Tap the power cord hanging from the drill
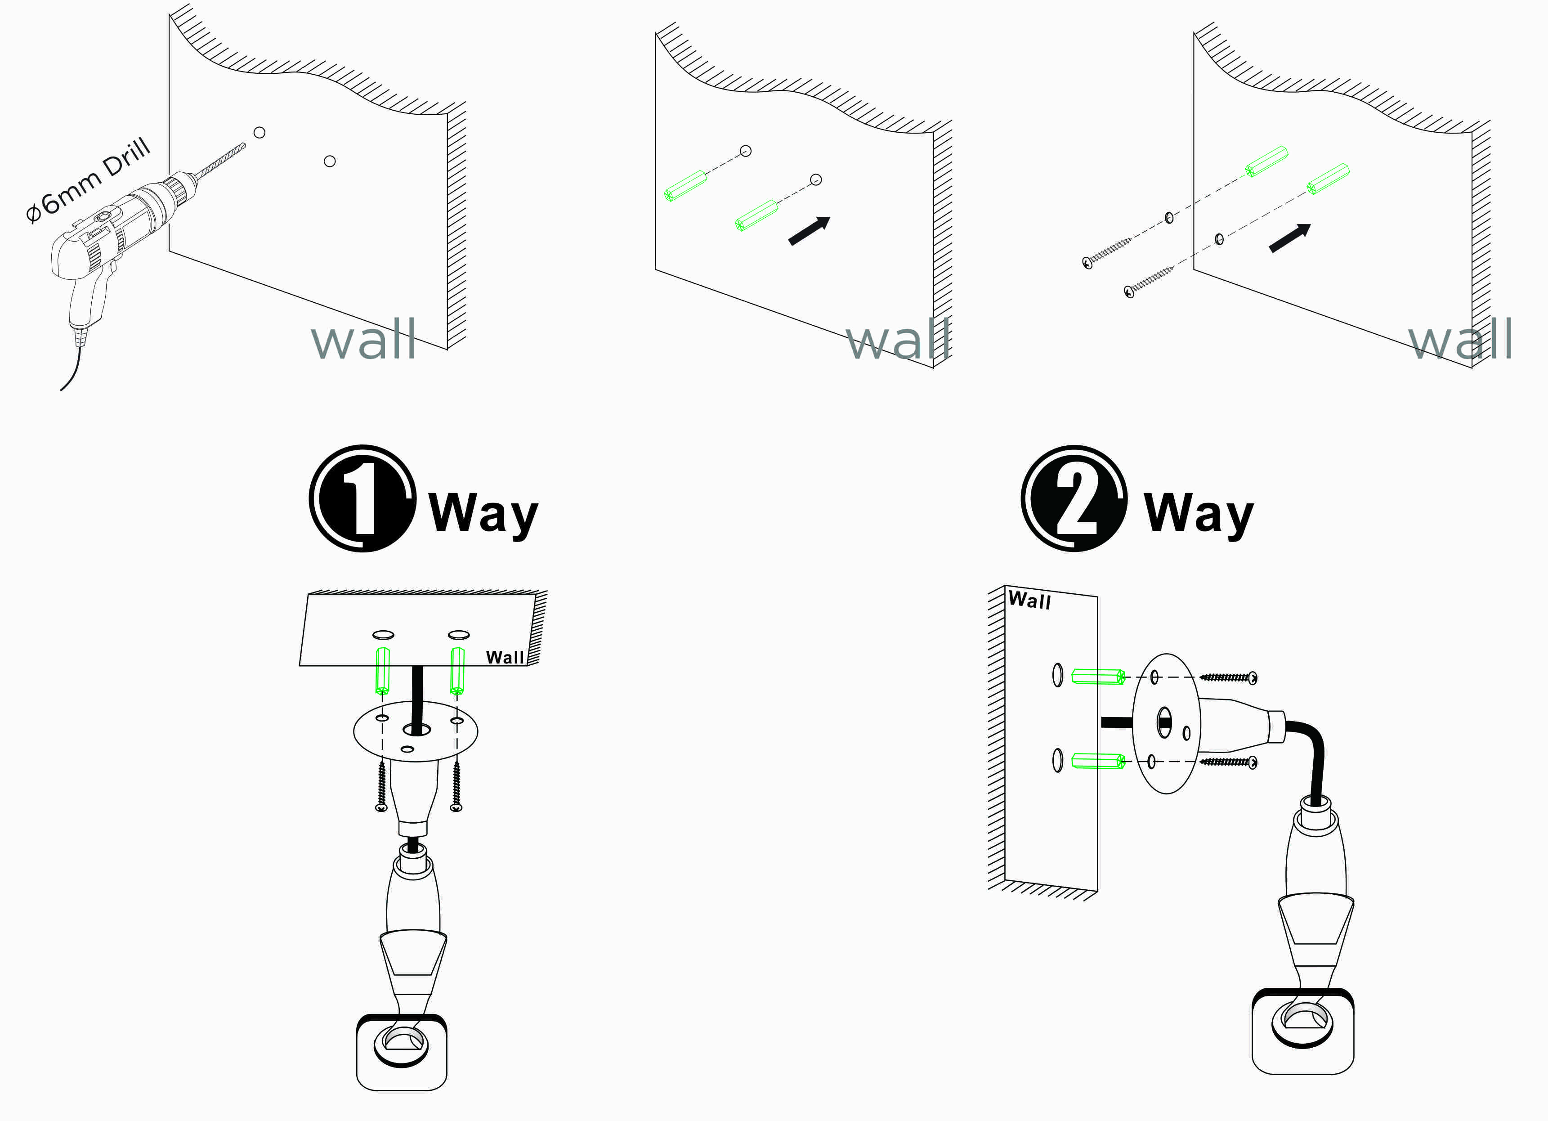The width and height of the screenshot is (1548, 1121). click(x=74, y=369)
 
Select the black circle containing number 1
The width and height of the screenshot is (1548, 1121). click(x=362, y=498)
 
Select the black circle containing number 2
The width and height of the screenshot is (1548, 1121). click(x=1074, y=498)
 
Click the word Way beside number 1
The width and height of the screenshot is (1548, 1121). click(x=483, y=513)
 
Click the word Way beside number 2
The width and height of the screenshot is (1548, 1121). click(x=1199, y=513)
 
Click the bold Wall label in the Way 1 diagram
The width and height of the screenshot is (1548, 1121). click(x=505, y=657)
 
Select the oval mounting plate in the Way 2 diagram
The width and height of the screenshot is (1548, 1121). click(x=1167, y=724)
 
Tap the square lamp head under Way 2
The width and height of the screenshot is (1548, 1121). click(x=1303, y=1031)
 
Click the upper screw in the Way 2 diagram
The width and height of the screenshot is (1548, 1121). click(x=1229, y=677)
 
